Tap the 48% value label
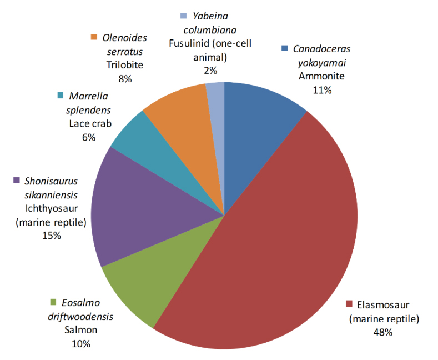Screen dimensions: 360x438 pyautogui.click(x=382, y=332)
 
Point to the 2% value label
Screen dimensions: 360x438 pyautogui.click(x=210, y=70)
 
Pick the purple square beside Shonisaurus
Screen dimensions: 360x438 pyautogui.click(x=17, y=180)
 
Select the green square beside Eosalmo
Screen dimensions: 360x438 pyautogui.click(x=53, y=303)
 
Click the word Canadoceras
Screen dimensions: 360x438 pyautogui.click(x=321, y=49)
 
